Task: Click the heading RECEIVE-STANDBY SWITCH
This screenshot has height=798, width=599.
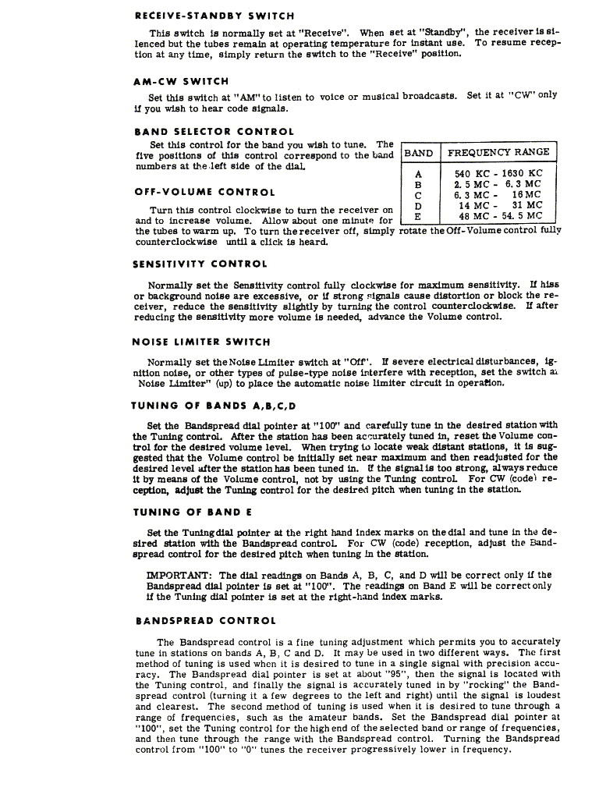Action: [x=214, y=16]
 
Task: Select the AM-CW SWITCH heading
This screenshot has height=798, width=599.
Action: [x=182, y=81]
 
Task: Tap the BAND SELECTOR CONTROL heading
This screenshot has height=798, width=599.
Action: [x=214, y=132]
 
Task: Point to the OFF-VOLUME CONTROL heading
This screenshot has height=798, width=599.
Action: [x=204, y=192]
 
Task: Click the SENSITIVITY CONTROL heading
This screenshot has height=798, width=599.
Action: [x=200, y=264]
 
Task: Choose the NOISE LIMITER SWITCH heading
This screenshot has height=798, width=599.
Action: [x=202, y=342]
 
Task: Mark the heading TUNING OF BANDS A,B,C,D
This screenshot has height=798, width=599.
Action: [x=214, y=406]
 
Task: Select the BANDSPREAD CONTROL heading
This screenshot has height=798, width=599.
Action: [x=205, y=621]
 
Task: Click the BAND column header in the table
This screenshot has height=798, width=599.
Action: [x=419, y=152]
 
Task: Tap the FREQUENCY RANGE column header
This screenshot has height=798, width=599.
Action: [x=498, y=152]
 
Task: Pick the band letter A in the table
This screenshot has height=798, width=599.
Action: [x=419, y=174]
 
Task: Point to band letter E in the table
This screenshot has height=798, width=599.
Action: [x=419, y=216]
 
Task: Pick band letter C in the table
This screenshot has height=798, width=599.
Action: [x=419, y=195]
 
